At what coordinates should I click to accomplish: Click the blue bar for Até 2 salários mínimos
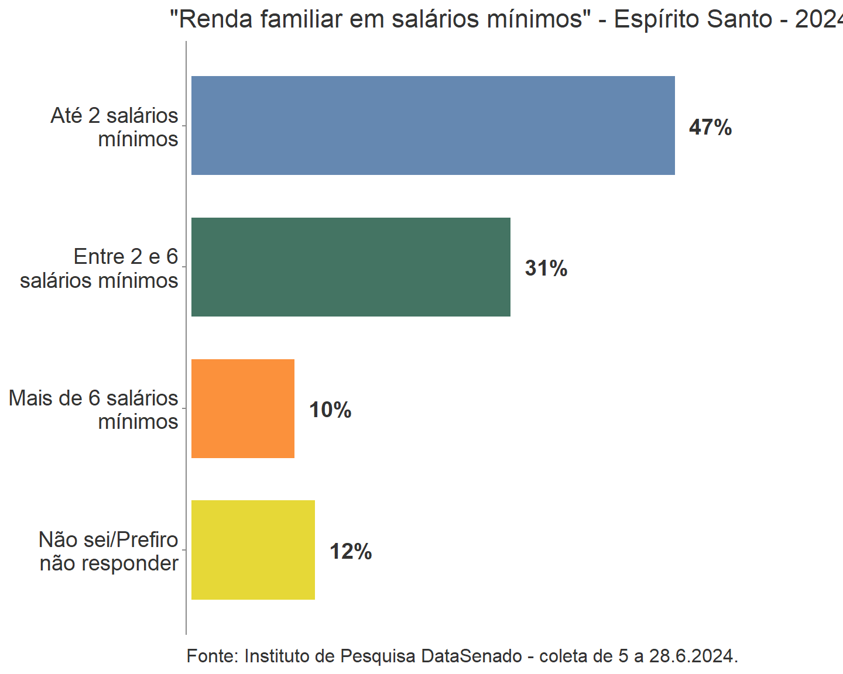(x=433, y=125)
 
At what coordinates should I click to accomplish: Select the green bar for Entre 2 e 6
(x=351, y=267)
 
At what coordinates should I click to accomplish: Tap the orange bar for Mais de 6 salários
(x=243, y=408)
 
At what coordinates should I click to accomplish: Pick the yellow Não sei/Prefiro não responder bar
(x=253, y=550)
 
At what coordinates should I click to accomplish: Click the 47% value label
(x=710, y=127)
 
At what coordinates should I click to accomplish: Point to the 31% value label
(x=546, y=269)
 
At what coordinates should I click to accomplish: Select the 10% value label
(x=330, y=410)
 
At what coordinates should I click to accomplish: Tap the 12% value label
(x=351, y=552)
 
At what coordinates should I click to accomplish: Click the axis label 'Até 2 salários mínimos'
(x=115, y=127)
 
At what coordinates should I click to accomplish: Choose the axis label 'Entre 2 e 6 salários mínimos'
(x=100, y=269)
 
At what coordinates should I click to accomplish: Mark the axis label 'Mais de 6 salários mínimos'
(x=94, y=410)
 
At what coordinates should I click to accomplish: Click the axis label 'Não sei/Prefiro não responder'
(x=109, y=551)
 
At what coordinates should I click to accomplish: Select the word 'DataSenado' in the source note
(x=471, y=656)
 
